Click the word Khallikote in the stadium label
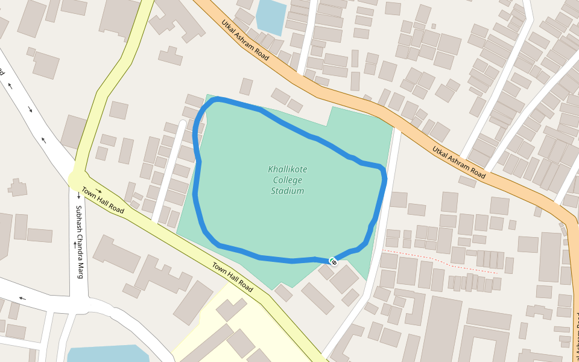click(x=287, y=170)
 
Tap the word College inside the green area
click(x=287, y=180)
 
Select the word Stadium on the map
click(x=288, y=191)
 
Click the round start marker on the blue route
click(x=333, y=261)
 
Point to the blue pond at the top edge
click(x=271, y=16)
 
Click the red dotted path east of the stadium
click(x=440, y=261)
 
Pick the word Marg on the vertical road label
click(x=78, y=269)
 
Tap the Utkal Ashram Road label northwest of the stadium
click(x=245, y=40)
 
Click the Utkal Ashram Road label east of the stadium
click(x=459, y=162)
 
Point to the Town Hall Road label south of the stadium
click(x=232, y=277)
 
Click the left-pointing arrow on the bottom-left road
click(x=22, y=298)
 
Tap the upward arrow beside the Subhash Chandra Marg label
click(x=74, y=245)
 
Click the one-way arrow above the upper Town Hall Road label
click(x=98, y=191)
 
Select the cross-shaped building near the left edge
click(x=17, y=187)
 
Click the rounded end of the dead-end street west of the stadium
click(x=182, y=124)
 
